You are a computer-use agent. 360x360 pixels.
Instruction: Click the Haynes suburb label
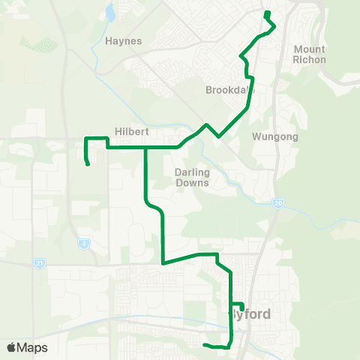[x=124, y=41]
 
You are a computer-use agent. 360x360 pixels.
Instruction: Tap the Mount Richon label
[x=310, y=54]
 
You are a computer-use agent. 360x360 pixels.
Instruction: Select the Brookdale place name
[x=229, y=90]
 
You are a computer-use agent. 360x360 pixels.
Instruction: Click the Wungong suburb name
[x=276, y=137]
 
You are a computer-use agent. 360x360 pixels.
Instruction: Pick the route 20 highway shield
[x=277, y=204]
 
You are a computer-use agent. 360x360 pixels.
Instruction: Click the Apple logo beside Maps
[x=11, y=347]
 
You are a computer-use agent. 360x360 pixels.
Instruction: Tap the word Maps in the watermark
[x=33, y=347]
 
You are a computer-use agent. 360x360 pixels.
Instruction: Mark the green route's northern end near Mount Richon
[x=267, y=13]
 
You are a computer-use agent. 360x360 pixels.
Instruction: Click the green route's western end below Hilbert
[x=88, y=164]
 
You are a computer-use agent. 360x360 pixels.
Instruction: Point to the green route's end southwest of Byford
[x=205, y=345]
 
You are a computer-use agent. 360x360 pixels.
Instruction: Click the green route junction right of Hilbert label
[x=145, y=148]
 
